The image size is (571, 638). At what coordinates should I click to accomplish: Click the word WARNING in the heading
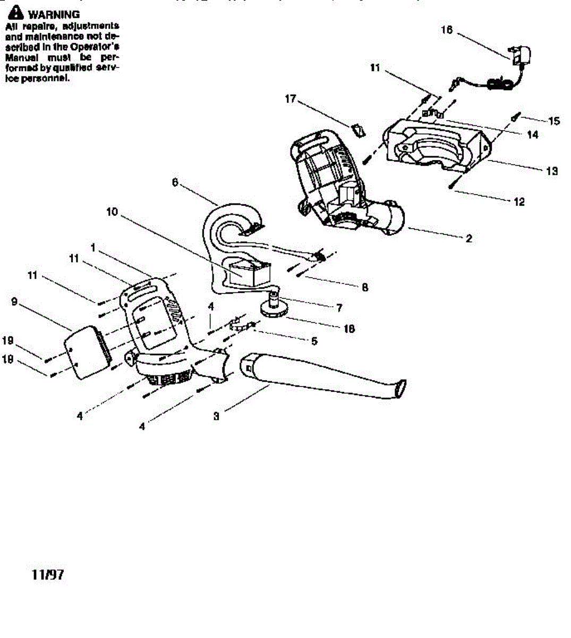tap(54, 14)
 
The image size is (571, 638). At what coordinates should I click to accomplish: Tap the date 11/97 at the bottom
tap(48, 575)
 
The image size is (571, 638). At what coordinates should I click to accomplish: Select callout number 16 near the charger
tap(447, 30)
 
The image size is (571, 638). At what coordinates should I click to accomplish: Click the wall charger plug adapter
tap(523, 56)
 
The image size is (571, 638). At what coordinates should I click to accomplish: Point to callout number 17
tap(290, 99)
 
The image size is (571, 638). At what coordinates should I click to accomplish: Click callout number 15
tap(554, 121)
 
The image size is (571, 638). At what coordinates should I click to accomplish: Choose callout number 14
tap(532, 135)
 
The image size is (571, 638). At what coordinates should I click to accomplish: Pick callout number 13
tap(552, 171)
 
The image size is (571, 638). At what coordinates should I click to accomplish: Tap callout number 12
tap(519, 202)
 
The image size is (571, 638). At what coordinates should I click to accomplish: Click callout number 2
tap(468, 239)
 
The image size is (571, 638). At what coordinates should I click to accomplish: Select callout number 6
tap(175, 182)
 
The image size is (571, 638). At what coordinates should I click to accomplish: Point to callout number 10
tap(112, 212)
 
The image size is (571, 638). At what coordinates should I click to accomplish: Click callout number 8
tap(365, 287)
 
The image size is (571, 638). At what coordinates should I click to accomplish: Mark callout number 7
tap(339, 307)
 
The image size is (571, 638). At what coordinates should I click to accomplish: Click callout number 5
tap(314, 341)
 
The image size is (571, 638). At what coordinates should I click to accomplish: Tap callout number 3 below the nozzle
tap(216, 416)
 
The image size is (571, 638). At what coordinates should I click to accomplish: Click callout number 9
tap(14, 302)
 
